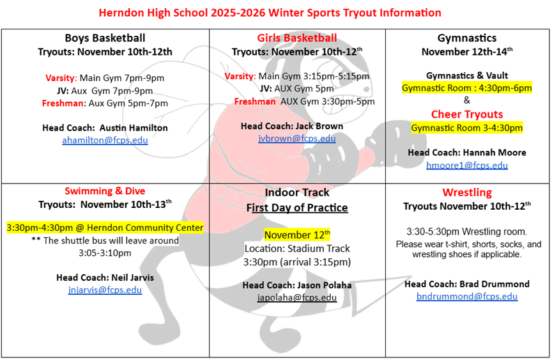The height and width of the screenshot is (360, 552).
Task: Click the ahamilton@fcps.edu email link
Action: click(105, 140)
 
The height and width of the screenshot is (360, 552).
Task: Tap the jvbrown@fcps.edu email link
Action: click(297, 138)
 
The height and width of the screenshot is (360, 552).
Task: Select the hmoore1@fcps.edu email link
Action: click(467, 165)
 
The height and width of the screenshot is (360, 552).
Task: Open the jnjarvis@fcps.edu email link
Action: click(105, 290)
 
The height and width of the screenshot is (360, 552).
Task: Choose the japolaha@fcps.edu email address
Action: click(297, 297)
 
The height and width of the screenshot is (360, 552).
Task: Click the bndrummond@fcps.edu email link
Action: click(467, 296)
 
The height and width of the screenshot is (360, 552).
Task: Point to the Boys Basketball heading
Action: click(105, 38)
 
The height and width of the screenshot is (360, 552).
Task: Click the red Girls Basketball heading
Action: click(297, 38)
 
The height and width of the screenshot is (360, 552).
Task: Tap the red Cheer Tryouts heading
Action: click(467, 114)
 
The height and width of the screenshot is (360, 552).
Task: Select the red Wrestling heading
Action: click(467, 192)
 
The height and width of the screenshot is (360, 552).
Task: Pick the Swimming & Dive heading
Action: click(105, 191)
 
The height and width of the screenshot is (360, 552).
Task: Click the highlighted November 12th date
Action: click(297, 235)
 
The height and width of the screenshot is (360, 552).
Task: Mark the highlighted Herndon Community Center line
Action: click(105, 228)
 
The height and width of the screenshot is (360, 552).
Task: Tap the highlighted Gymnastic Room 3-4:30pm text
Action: click(467, 127)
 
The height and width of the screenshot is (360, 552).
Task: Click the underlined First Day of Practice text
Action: click(297, 208)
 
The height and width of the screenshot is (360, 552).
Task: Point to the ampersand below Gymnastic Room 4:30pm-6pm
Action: click(467, 100)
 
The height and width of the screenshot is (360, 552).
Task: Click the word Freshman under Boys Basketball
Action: click(63, 103)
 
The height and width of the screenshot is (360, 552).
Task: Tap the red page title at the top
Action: click(270, 13)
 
